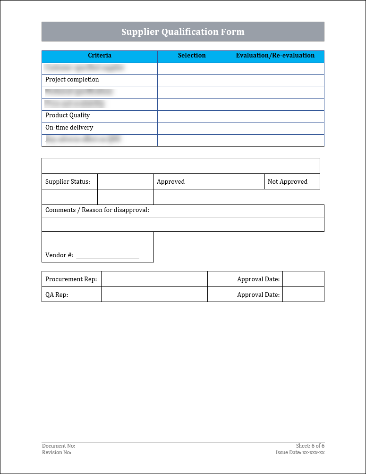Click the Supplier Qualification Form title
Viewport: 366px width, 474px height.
[183, 32]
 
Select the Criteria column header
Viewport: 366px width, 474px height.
[100, 56]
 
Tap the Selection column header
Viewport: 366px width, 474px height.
[192, 56]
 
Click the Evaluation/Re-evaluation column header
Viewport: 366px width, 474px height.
[275, 56]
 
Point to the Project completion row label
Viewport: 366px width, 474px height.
[72, 80]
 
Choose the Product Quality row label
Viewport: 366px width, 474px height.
[68, 115]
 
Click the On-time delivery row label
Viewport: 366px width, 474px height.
[69, 128]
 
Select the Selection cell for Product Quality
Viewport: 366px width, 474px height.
[192, 116]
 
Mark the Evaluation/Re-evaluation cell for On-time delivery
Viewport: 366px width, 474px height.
[275, 128]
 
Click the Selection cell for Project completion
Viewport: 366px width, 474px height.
[192, 81]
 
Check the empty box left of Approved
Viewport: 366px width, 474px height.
[126, 181]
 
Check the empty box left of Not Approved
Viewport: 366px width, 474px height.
[237, 181]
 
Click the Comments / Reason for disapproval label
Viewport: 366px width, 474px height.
[97, 210]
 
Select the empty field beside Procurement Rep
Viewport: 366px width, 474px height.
[154, 279]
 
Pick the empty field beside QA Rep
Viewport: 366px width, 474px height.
[154, 294]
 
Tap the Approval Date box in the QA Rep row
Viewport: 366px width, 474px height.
[303, 294]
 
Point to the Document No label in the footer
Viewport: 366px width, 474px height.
[59, 446]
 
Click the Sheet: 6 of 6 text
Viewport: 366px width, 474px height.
[310, 446]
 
